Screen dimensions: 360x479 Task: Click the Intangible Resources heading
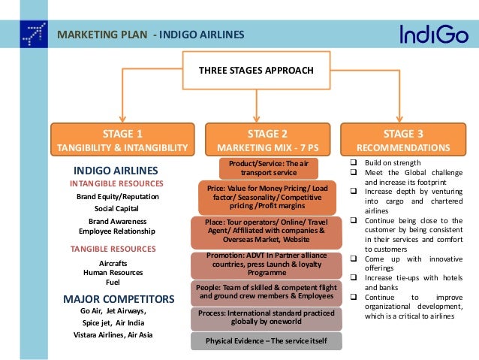coord(116,183)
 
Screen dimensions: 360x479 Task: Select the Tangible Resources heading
coord(113,248)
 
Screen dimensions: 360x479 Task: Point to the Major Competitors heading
coord(119,298)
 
